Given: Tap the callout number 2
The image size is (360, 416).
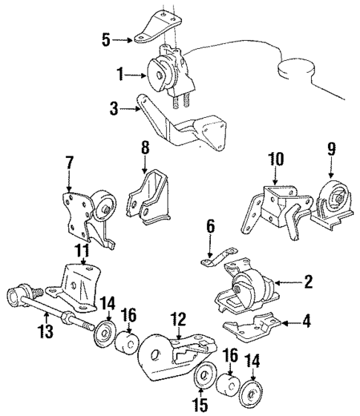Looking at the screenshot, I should [x=307, y=282].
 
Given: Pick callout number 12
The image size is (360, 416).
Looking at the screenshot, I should [x=178, y=319].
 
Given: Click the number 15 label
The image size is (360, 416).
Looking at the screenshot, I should [x=197, y=405].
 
